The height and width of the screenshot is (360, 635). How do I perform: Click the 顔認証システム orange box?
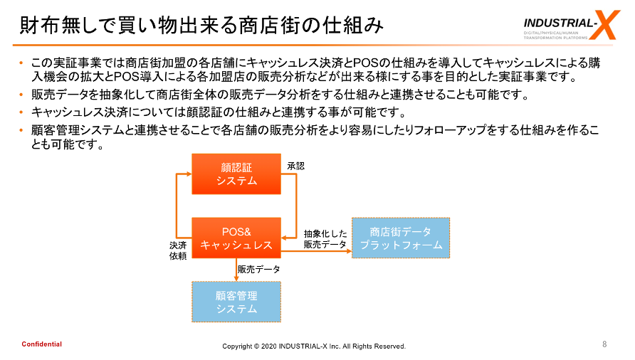237,174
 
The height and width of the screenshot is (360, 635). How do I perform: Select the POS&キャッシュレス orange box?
237,238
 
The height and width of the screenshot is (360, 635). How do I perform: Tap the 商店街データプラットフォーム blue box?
401,238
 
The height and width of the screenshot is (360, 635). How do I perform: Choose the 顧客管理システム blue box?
237,302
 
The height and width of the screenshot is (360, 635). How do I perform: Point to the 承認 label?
295,166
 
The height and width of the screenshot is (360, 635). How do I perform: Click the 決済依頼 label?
177,250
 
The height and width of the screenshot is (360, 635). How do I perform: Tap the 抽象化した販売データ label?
325,239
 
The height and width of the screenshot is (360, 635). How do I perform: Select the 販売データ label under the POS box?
259,270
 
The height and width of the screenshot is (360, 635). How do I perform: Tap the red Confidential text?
41,344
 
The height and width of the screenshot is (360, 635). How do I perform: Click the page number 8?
604,344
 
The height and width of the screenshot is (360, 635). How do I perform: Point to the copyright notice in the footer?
314,346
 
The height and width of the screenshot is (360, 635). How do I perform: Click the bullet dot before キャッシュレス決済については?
22,112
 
